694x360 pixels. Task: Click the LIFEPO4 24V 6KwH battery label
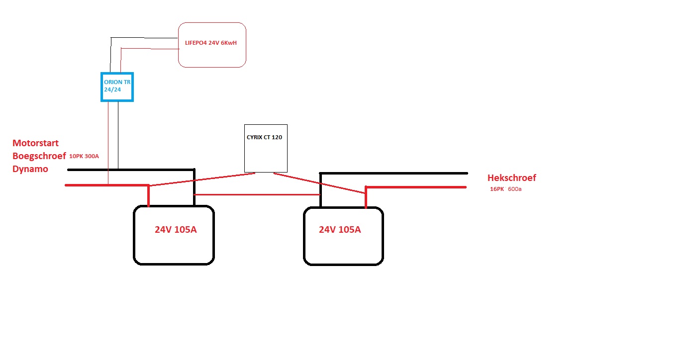(x=210, y=43)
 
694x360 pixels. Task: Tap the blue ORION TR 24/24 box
(x=117, y=87)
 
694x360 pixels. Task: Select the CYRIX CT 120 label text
(x=264, y=137)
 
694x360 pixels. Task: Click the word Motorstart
(x=35, y=143)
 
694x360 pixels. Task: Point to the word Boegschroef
(x=39, y=156)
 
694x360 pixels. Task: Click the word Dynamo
(x=30, y=169)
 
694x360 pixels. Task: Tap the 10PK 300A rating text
(x=84, y=156)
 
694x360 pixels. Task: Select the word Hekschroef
(x=511, y=178)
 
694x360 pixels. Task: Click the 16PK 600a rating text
(x=505, y=189)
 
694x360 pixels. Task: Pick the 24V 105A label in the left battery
(x=176, y=229)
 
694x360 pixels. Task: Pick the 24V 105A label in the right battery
(x=340, y=229)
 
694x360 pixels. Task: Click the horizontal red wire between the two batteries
(x=257, y=195)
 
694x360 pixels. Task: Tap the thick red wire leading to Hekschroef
(x=416, y=187)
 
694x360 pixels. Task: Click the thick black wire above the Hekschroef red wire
(x=394, y=174)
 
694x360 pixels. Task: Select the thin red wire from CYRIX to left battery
(x=202, y=179)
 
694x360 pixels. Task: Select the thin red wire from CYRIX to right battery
(x=319, y=183)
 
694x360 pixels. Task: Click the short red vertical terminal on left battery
(x=149, y=195)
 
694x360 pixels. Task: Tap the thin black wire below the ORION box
(x=118, y=135)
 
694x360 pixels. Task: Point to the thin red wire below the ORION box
(x=108, y=143)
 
